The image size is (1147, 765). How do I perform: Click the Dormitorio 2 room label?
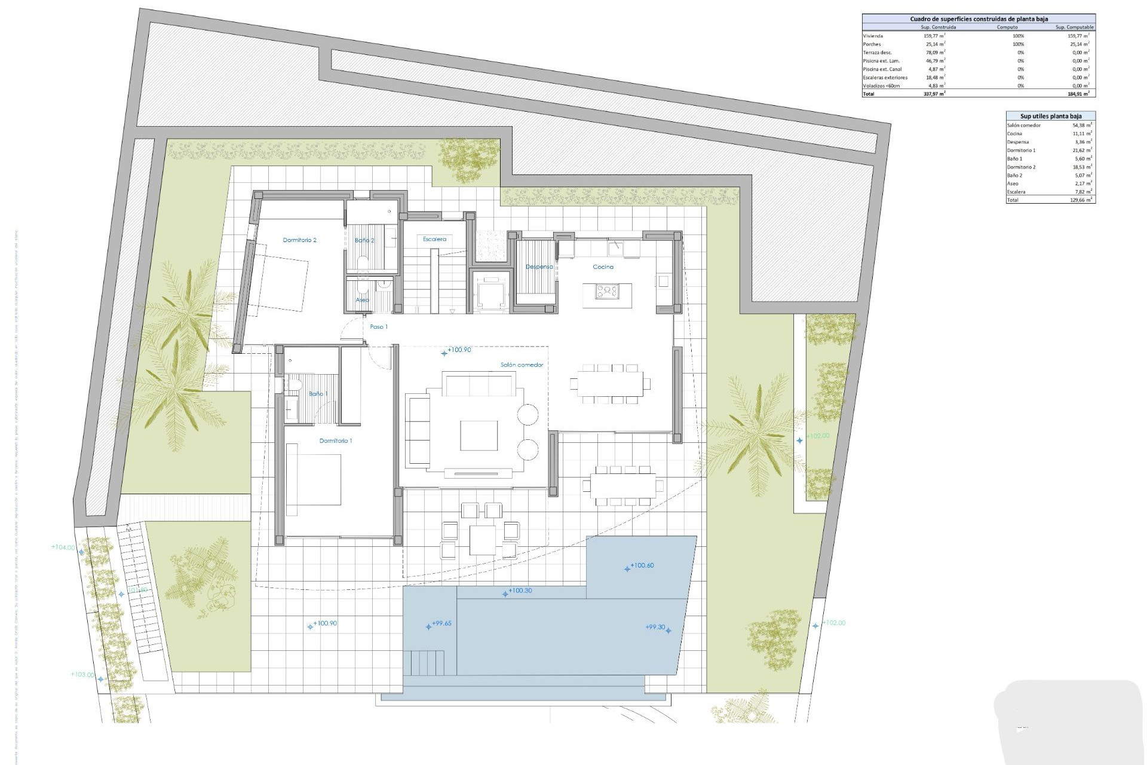pos(299,240)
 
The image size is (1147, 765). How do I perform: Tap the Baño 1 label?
pos(318,394)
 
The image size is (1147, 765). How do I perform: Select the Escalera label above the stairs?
pos(434,239)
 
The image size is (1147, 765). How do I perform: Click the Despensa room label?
pos(539,267)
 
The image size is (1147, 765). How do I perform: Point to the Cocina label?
pos(603,267)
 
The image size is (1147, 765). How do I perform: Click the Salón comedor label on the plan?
pos(522,365)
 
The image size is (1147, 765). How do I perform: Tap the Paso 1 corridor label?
pos(379,327)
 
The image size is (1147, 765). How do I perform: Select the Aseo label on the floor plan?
pos(362,300)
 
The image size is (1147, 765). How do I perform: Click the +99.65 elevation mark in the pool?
pos(441,623)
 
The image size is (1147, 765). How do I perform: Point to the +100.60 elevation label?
pos(641,565)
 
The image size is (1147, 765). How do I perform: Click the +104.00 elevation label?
pos(63,547)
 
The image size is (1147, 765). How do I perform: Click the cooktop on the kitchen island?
pos(606,292)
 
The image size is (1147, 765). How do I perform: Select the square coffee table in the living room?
pos(479,435)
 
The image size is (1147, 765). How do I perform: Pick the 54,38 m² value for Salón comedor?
pos(1082,126)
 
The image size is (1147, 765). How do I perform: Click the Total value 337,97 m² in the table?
pos(934,94)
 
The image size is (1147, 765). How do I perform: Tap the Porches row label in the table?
pos(872,44)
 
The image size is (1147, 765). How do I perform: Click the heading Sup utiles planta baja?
pos(1050,116)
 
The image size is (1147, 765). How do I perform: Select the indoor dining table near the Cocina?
pos(610,384)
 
